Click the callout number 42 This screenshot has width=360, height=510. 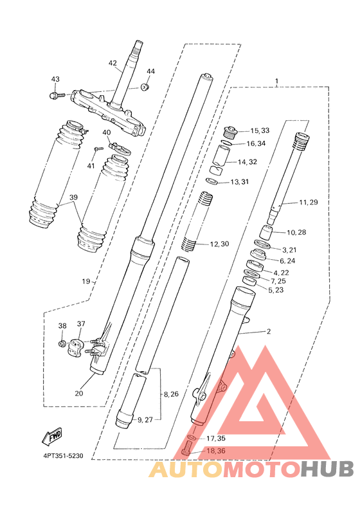[x=113, y=63]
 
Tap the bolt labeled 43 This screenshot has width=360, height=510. [x=57, y=96]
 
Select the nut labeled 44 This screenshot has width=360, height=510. [x=145, y=87]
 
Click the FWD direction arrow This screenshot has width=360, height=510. [x=52, y=437]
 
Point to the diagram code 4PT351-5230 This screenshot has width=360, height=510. [x=63, y=456]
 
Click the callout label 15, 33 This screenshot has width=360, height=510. [x=260, y=131]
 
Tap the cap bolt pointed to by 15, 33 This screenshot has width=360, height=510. [x=231, y=132]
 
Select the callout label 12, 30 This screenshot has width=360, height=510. [x=219, y=244]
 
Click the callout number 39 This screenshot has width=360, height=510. [x=73, y=197]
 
